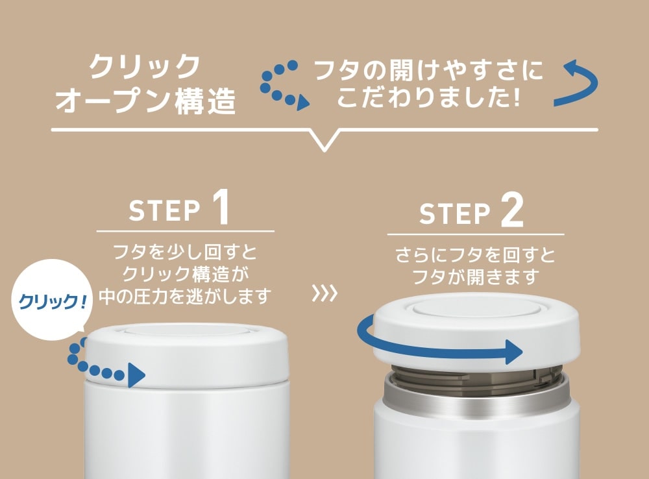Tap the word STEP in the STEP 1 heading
164,211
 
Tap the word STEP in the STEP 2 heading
454,214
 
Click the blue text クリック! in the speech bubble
53,301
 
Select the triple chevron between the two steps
324,293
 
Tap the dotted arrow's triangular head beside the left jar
136,375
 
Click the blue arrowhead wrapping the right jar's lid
514,352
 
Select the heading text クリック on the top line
145,66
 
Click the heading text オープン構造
145,101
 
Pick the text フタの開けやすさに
429,70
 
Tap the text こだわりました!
428,97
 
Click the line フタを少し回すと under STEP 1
185,252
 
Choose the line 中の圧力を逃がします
185,296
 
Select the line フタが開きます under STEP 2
475,276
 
